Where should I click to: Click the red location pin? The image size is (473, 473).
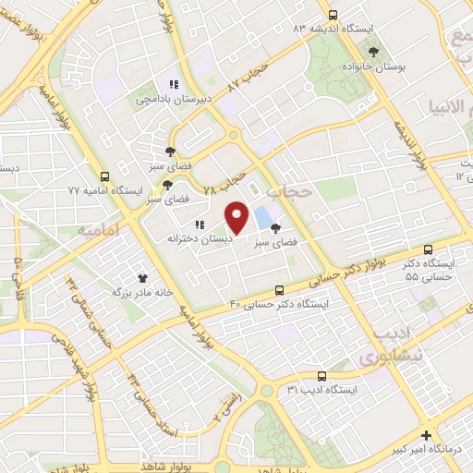[237, 218]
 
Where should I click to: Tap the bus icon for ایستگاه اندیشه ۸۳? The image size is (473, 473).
[334, 15]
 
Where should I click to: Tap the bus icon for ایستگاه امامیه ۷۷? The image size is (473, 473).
[104, 176]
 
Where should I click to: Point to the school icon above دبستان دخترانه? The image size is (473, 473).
[199, 224]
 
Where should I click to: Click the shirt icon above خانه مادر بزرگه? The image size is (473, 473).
[143, 277]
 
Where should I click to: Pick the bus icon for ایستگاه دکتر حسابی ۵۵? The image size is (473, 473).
[428, 249]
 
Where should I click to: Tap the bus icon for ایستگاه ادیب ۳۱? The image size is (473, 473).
[321, 376]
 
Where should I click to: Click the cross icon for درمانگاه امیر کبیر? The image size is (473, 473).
[425, 435]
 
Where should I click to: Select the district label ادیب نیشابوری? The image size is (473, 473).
[380, 344]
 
